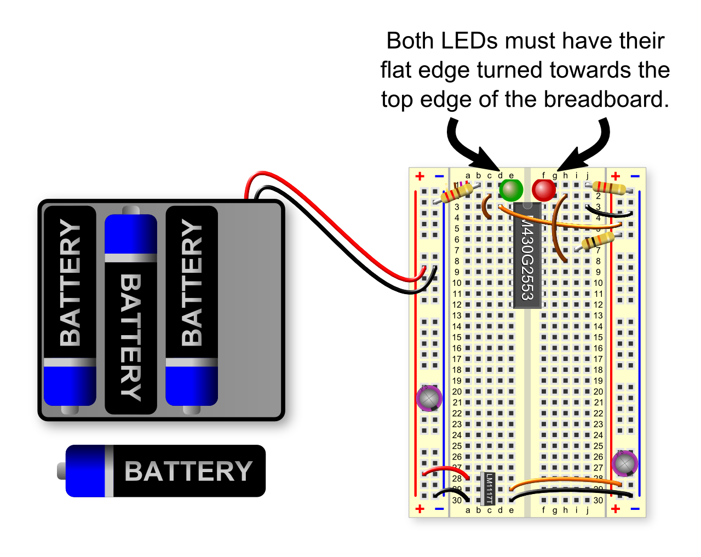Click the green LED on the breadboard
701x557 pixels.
tap(511, 190)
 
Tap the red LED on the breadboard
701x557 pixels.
tap(544, 190)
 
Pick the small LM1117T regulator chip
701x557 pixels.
tap(488, 488)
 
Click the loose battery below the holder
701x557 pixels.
tap(164, 471)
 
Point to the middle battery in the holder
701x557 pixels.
tap(131, 312)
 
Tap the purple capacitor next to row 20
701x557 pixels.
tap(429, 398)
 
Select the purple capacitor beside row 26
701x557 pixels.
tap(624, 463)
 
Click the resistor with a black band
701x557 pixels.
tap(598, 240)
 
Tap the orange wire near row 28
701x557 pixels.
tap(564, 480)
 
